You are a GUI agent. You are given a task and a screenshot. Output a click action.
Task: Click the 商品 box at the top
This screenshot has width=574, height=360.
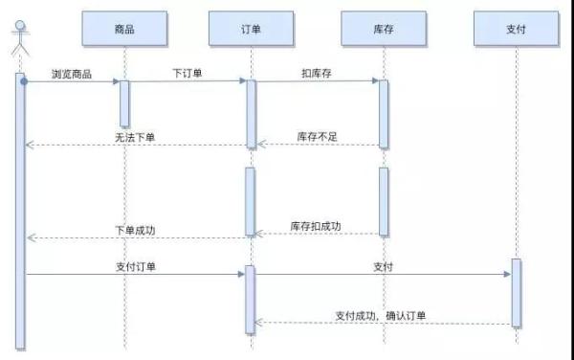click(x=123, y=30)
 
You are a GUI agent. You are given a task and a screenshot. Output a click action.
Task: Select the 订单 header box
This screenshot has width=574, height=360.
click(x=251, y=30)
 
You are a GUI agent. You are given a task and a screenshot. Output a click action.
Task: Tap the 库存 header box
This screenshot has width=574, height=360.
click(x=383, y=30)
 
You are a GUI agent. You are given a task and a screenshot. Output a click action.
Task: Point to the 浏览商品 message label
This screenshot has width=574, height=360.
click(x=72, y=74)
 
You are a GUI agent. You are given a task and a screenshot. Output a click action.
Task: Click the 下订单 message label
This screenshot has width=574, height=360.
click(x=188, y=73)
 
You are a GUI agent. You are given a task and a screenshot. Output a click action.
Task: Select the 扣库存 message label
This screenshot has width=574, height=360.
click(x=317, y=73)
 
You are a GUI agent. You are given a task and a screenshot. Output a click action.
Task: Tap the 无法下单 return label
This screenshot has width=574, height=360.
click(x=134, y=138)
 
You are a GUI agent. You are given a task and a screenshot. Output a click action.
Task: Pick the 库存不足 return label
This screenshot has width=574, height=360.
click(x=318, y=137)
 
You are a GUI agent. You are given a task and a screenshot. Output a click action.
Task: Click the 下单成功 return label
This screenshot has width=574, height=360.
click(x=134, y=230)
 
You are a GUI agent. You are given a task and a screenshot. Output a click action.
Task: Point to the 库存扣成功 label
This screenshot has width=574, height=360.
click(x=316, y=226)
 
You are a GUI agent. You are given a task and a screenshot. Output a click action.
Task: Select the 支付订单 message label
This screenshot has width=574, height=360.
click(x=135, y=266)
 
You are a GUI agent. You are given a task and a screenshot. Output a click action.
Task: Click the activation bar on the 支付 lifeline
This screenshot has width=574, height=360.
click(x=516, y=292)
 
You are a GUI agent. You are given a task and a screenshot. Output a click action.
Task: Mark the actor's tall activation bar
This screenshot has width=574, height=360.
click(x=19, y=211)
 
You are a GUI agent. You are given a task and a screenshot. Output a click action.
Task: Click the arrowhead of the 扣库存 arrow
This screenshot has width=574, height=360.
click(x=374, y=81)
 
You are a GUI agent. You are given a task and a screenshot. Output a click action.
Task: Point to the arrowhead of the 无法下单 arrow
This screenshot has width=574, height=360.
click(x=29, y=146)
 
